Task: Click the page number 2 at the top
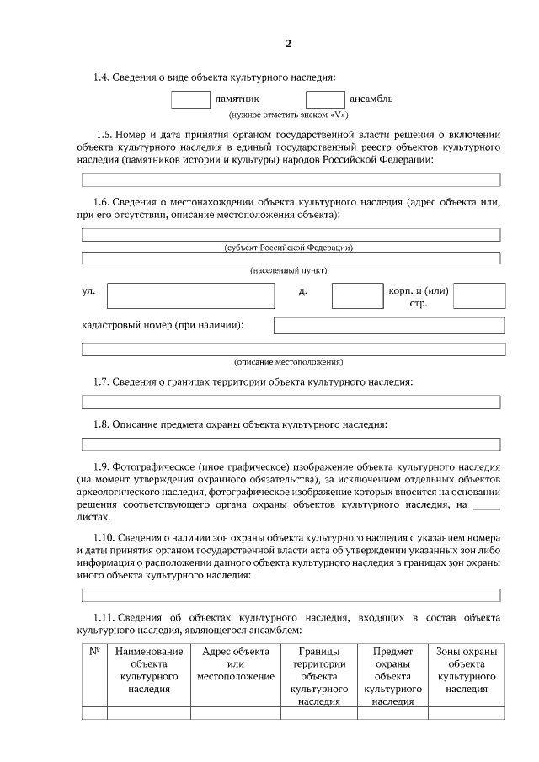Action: pos(288,44)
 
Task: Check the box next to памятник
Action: pos(190,99)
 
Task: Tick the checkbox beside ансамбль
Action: pos(325,99)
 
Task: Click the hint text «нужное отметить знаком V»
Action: pos(289,115)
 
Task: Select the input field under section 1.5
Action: pos(291,179)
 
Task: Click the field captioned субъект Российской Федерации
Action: pos(291,234)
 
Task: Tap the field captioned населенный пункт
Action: pos(291,258)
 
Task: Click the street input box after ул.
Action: pos(190,296)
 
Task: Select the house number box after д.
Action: pos(357,296)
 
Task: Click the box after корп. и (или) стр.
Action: pos(479,296)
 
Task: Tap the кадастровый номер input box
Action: pos(389,325)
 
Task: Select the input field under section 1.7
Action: pos(291,402)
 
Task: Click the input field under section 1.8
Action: pos(291,444)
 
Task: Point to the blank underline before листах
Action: pos(486,507)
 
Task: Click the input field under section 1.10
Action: pos(291,595)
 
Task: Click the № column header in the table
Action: pos(94,652)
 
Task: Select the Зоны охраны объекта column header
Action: pos(467,669)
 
